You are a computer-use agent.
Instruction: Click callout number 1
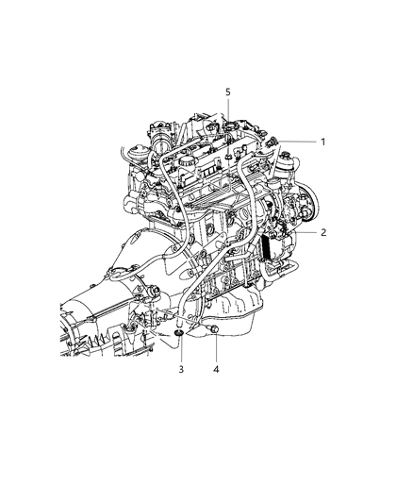point(322,142)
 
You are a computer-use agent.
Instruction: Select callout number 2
point(322,230)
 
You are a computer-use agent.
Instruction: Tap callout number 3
point(181,369)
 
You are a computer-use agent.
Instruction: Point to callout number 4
point(217,369)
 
